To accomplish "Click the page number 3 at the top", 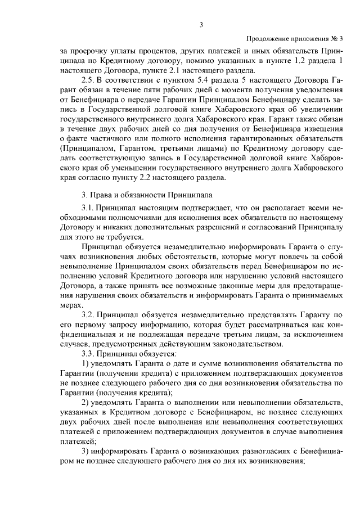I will (201, 24).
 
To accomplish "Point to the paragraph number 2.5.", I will (89, 80).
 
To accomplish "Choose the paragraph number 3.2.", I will (89, 314).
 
